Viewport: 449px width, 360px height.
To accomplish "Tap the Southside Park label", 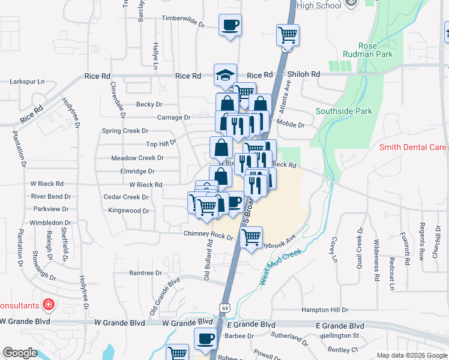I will (x=344, y=111).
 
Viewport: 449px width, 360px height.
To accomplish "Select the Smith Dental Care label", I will (x=412, y=147).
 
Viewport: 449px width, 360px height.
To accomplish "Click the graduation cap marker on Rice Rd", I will (x=225, y=76).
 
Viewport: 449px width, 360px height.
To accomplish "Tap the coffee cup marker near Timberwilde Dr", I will (x=230, y=25).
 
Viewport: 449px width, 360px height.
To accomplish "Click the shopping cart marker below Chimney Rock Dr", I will (x=252, y=236).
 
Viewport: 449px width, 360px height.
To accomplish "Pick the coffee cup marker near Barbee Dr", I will (x=205, y=338).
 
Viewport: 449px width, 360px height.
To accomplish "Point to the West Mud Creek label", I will (x=279, y=266).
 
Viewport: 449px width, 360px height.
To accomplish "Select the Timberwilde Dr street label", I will (x=183, y=19).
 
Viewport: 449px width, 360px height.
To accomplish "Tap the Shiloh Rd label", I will (x=304, y=74).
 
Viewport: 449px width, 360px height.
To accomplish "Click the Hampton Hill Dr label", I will (x=325, y=310).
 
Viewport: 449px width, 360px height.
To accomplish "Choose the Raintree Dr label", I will (x=145, y=272).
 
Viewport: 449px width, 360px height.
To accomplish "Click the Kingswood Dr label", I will (x=128, y=211).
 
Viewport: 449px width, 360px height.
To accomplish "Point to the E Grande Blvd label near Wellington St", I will (x=340, y=325).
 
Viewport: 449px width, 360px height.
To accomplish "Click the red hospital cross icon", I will (x=49, y=305).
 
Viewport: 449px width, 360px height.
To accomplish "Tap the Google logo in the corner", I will (x=20, y=352).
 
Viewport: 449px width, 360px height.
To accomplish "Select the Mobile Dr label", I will (x=291, y=125).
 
